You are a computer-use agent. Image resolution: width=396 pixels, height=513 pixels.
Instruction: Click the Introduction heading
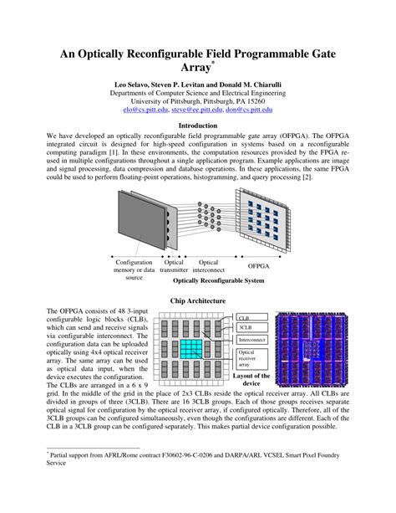tap(198, 126)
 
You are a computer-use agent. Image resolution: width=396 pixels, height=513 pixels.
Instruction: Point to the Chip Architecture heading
tap(198, 300)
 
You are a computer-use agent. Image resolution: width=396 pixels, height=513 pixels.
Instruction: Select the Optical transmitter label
tap(174, 267)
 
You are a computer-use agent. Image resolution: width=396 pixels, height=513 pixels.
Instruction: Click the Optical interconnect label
tap(209, 267)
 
